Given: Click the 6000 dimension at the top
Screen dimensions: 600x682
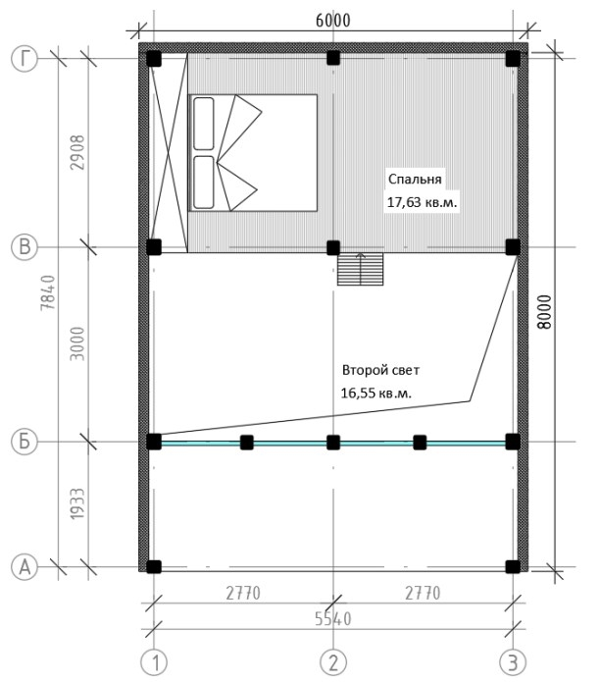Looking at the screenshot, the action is click(332, 21).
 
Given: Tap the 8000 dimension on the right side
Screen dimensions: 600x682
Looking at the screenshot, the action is click(543, 312).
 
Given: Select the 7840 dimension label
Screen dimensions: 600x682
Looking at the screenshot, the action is click(48, 292).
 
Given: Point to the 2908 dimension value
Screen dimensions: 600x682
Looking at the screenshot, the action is click(78, 152).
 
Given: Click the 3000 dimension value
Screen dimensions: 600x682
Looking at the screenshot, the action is click(77, 343).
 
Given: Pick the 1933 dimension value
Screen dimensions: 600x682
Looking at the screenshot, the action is click(77, 503).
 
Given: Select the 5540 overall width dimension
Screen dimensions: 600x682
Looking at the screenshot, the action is click(332, 618).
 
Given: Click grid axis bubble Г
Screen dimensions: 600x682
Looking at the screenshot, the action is click(25, 59).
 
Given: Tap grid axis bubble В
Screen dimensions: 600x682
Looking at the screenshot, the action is click(25, 247).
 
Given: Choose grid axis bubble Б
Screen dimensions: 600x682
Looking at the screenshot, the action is click(25, 442).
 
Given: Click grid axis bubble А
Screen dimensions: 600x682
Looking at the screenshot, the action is click(25, 567).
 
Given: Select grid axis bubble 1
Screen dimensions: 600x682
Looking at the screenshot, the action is click(154, 662).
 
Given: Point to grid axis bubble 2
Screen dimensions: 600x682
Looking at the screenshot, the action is click(333, 662).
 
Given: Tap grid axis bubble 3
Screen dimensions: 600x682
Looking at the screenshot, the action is click(513, 662).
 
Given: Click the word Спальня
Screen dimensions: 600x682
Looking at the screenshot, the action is click(415, 180).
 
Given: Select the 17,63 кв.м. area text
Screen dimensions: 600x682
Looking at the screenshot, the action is click(422, 202).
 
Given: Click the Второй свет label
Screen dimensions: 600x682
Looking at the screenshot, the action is click(380, 370).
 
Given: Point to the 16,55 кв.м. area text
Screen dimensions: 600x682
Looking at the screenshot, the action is click(375, 393).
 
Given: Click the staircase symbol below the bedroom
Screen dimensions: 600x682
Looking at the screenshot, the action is click(360, 269).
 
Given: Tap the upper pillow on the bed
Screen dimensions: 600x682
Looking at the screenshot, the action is click(203, 124).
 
